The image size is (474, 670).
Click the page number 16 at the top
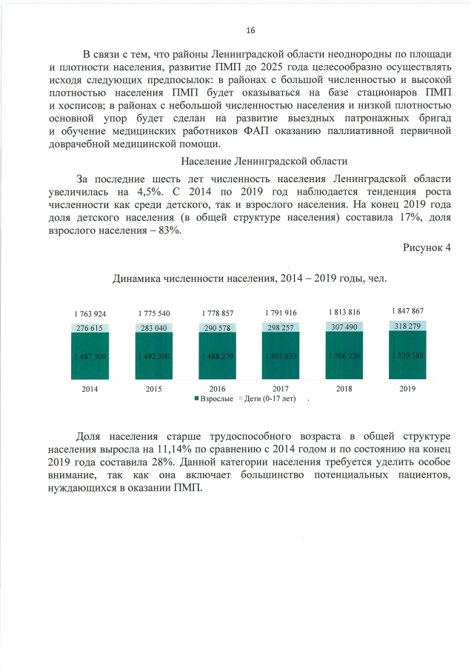250,30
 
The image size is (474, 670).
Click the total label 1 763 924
90,314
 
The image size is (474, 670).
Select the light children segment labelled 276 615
90,327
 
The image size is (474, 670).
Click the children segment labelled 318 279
407,325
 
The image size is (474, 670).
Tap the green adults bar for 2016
217,357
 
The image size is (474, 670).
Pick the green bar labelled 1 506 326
344,357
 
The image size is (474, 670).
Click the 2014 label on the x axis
90,388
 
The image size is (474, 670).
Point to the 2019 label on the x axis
407,388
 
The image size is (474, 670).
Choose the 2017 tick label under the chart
281,388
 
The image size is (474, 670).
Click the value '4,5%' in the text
150,191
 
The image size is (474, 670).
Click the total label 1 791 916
281,313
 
